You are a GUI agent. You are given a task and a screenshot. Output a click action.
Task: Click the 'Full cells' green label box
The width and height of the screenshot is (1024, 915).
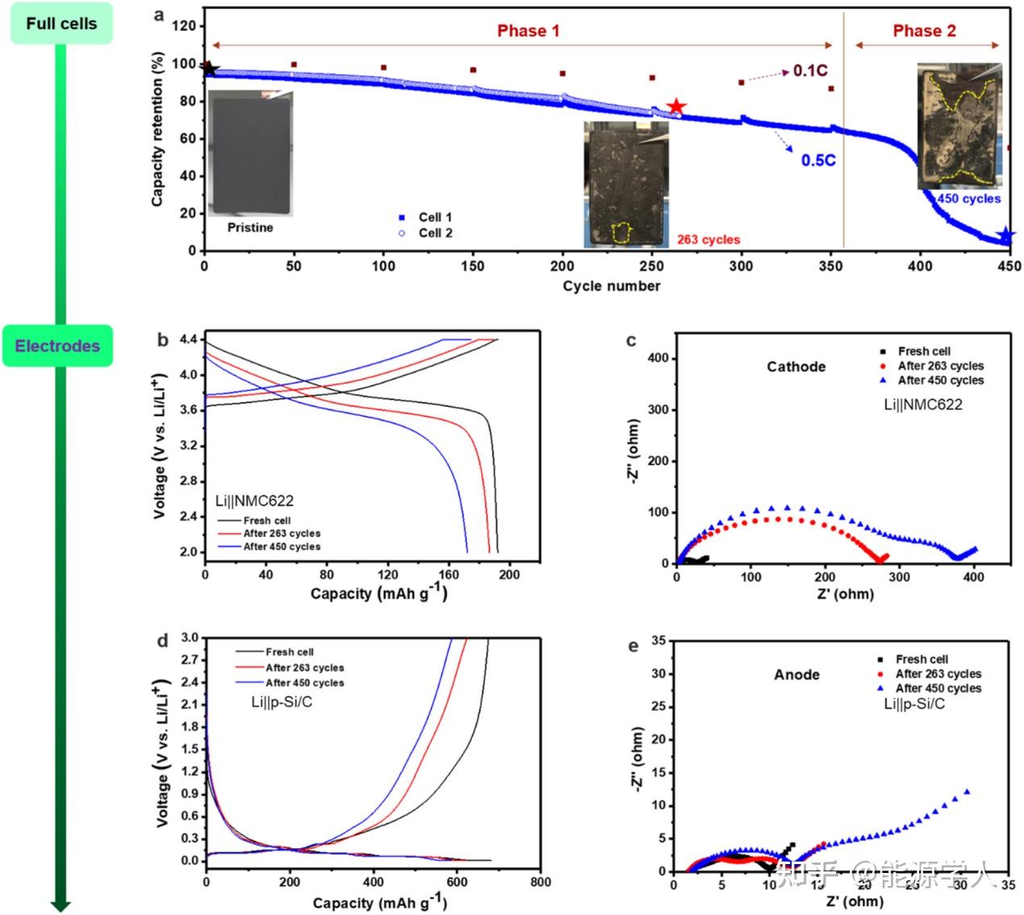coord(61,23)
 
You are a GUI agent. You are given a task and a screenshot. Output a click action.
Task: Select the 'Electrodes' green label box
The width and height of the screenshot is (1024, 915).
coord(58,346)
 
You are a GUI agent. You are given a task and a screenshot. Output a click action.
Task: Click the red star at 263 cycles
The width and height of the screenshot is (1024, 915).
coord(676,107)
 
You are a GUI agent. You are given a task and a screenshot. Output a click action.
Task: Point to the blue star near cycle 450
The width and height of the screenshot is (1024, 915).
coord(1005,236)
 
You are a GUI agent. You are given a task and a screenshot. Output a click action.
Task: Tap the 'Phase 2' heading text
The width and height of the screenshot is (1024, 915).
coord(924,31)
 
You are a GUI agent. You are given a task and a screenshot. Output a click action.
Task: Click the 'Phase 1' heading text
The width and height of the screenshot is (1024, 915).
coord(528,31)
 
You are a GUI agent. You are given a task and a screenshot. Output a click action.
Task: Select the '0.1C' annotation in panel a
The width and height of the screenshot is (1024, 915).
coord(809,71)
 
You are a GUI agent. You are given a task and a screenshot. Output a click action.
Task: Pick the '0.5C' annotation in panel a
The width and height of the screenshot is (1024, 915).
coord(818,160)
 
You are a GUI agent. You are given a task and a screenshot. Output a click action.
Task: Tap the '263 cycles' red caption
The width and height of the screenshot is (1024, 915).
coord(708,240)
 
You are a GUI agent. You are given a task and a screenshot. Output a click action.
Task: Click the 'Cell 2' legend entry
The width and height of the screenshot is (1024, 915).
coord(435,233)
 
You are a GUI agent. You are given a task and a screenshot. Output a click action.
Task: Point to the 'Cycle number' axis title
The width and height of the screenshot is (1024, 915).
coord(612,286)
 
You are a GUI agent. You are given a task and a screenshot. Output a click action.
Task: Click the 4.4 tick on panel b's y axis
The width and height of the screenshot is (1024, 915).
coord(186,340)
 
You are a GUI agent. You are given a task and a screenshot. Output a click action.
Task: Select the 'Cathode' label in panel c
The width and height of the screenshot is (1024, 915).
coord(796,367)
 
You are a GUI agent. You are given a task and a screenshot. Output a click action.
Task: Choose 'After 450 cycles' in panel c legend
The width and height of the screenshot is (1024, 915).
coord(941,380)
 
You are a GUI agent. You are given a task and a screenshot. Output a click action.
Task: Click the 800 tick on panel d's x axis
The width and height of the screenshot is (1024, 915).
coord(541,882)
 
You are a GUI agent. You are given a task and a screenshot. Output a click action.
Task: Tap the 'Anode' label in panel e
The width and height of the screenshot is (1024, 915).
coord(796,674)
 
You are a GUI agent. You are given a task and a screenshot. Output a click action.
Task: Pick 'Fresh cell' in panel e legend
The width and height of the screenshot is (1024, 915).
coord(922,659)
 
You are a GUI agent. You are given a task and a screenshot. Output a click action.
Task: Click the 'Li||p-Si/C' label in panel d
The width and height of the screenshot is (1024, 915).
coord(282,703)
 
